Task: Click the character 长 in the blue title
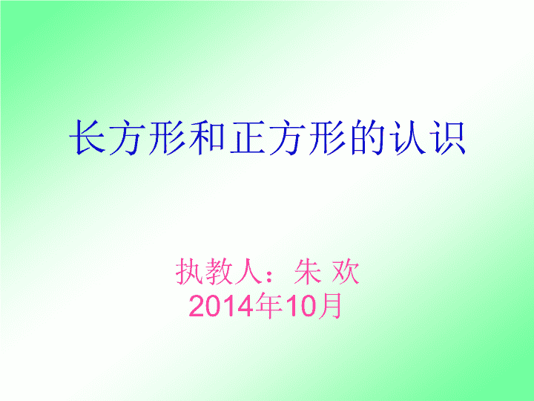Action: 88,137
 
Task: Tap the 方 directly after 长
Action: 127,137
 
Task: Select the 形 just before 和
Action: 167,137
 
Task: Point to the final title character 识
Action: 447,137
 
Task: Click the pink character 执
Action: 189,272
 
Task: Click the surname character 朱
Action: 308,272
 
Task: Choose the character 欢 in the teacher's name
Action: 346,272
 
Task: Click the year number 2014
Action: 222,306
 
